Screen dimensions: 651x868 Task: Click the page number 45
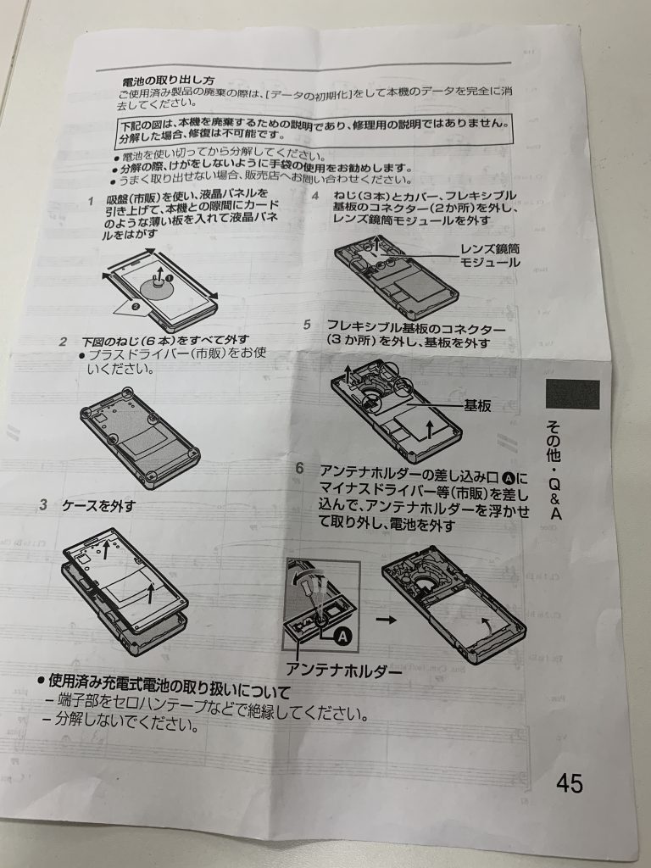569,783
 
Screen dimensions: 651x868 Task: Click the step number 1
90,200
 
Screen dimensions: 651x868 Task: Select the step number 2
64,342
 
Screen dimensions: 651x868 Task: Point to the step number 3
43,505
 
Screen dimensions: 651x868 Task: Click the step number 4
315,196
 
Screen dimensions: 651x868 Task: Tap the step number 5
307,325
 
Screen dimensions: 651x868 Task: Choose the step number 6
299,468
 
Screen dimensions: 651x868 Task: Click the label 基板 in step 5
477,406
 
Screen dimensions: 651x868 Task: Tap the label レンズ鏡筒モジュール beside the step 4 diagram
491,255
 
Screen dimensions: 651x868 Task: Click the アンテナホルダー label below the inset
343,670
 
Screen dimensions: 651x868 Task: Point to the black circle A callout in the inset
343,637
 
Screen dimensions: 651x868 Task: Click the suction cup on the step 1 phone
158,287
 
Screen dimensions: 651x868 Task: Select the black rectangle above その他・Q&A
572,394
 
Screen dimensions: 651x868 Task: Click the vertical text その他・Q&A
554,470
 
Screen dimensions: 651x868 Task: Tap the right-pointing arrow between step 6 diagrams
386,620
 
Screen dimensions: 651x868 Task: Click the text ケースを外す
98,505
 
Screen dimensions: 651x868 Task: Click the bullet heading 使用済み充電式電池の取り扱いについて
164,685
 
